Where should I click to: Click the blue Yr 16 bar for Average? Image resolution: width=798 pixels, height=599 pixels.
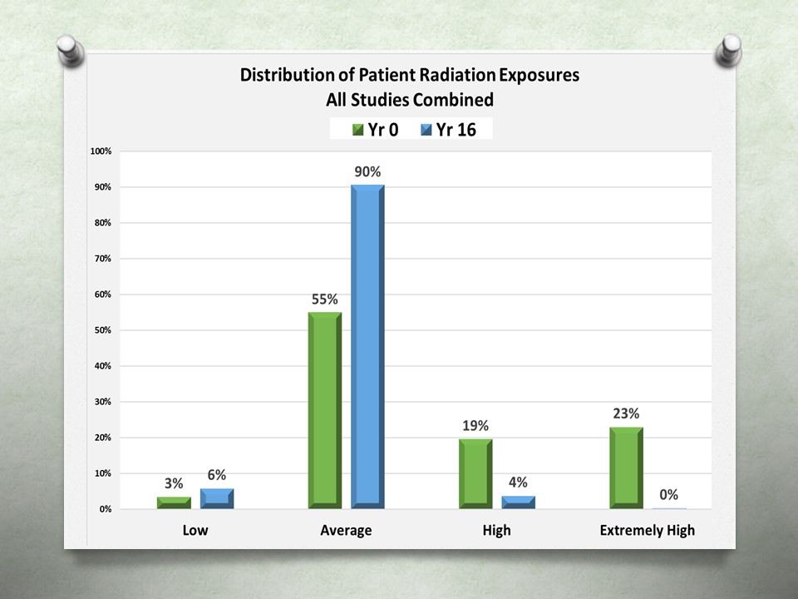point(368,346)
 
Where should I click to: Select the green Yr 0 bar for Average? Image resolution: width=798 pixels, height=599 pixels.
point(325,410)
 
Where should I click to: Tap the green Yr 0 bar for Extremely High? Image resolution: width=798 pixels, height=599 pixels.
point(627,468)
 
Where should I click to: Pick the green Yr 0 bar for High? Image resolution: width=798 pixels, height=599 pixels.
point(475,473)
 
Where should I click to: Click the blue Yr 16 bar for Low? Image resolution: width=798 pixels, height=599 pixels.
point(217,498)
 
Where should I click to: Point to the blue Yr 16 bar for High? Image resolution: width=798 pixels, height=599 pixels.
point(519,502)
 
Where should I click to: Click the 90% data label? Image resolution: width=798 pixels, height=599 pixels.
point(367,171)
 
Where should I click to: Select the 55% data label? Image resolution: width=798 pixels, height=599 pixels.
point(325,299)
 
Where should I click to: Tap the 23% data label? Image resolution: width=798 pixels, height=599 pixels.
point(626,413)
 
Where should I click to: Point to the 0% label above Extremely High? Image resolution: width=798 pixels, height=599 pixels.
point(668,494)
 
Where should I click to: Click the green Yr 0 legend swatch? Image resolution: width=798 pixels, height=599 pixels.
point(357,130)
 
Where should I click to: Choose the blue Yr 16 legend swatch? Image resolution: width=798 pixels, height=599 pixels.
point(426,130)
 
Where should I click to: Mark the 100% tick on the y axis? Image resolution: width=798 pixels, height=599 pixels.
point(101,151)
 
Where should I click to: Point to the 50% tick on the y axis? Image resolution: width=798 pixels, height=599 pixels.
point(103,330)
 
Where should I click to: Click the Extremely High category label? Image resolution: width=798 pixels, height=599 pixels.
point(648,531)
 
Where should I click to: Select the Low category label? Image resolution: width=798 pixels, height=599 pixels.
point(195,530)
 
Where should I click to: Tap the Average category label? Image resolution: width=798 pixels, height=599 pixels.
point(346,531)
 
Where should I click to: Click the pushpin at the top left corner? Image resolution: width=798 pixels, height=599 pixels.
point(71,51)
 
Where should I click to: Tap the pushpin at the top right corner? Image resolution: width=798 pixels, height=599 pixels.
point(728,50)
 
